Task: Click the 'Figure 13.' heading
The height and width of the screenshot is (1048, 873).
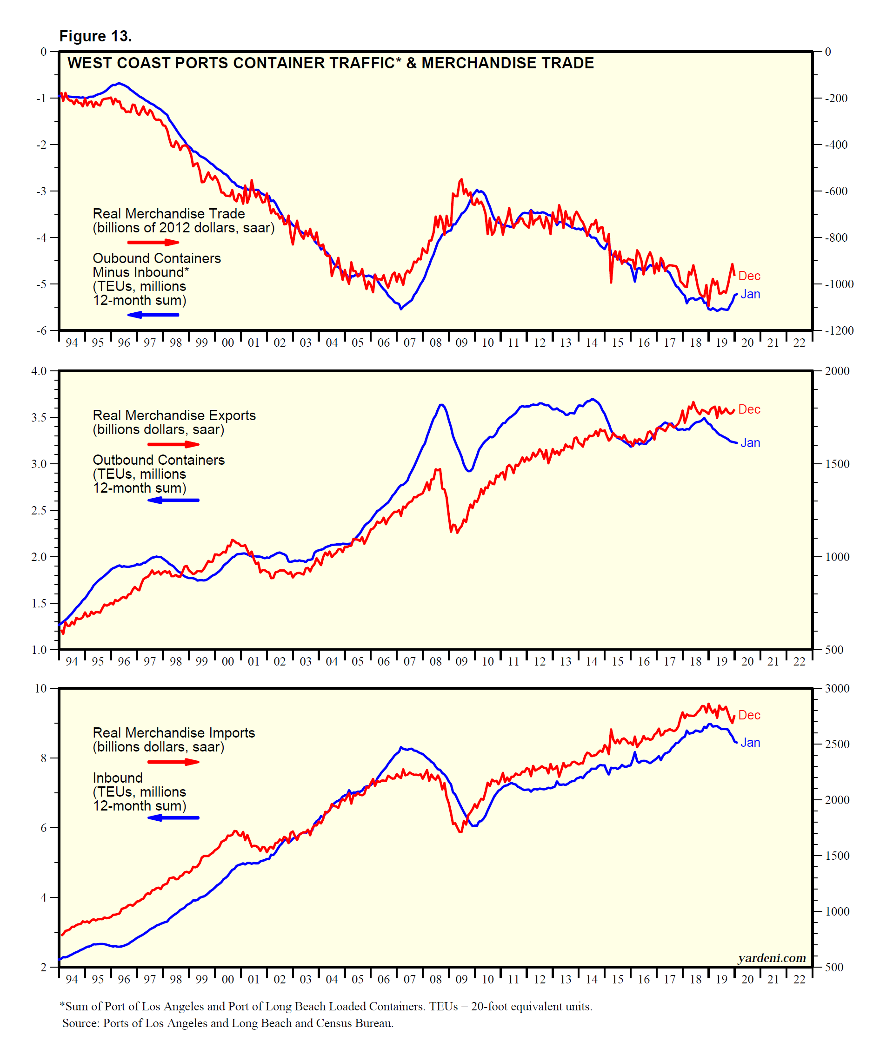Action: [95, 36]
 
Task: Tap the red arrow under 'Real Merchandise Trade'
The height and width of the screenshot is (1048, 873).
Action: [153, 243]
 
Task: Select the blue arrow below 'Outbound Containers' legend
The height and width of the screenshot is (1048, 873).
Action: [173, 500]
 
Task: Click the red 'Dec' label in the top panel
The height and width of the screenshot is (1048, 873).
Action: [749, 276]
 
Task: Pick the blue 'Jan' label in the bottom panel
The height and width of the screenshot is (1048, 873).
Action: [750, 743]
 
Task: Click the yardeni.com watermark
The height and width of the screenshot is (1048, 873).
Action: [771, 958]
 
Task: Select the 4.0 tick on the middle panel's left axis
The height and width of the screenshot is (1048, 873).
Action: [39, 371]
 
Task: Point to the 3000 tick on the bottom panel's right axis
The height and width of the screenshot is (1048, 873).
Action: [837, 689]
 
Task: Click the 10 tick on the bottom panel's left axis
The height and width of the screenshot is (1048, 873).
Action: [40, 689]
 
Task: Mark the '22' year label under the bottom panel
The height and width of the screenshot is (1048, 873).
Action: [799, 980]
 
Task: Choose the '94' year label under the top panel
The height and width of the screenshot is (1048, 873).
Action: [72, 343]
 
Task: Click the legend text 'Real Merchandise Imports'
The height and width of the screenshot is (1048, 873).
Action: [174, 732]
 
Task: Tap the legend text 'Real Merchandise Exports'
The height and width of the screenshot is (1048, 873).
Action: [174, 415]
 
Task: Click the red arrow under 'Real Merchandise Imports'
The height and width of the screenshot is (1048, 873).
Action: [173, 762]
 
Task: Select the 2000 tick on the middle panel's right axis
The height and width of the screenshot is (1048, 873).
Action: [837, 371]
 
